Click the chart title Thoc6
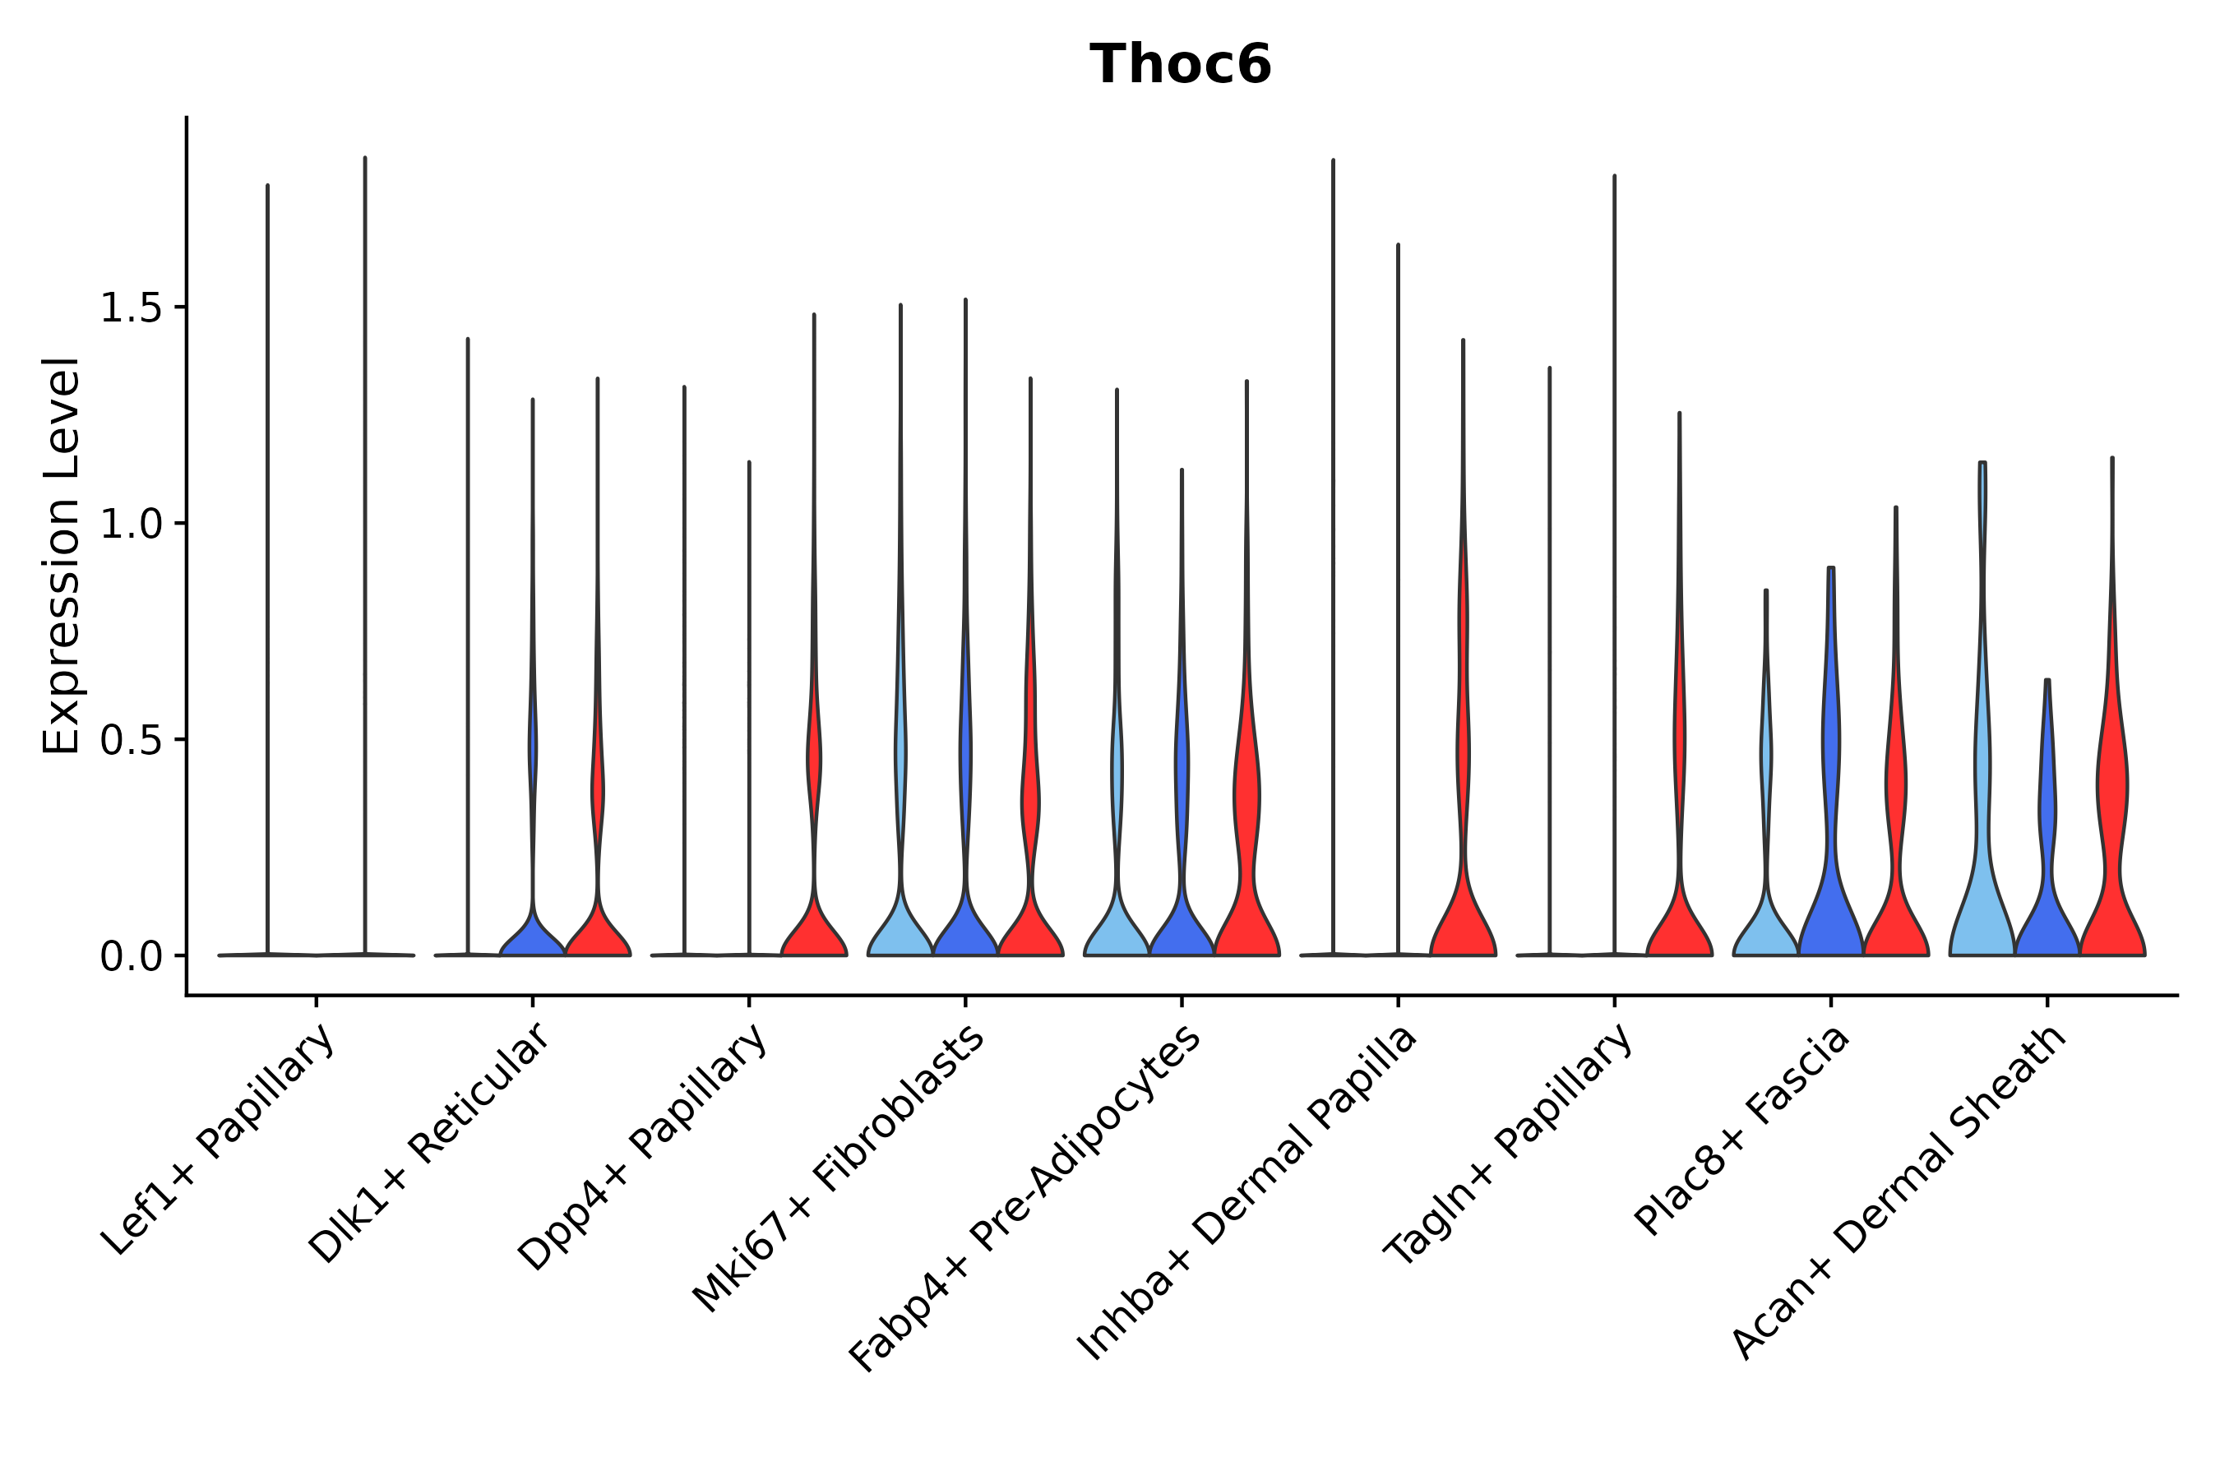point(1180,65)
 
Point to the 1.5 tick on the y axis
point(129,308)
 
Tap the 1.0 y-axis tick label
point(129,524)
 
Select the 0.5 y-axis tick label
point(129,740)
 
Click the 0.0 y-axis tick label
point(129,956)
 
